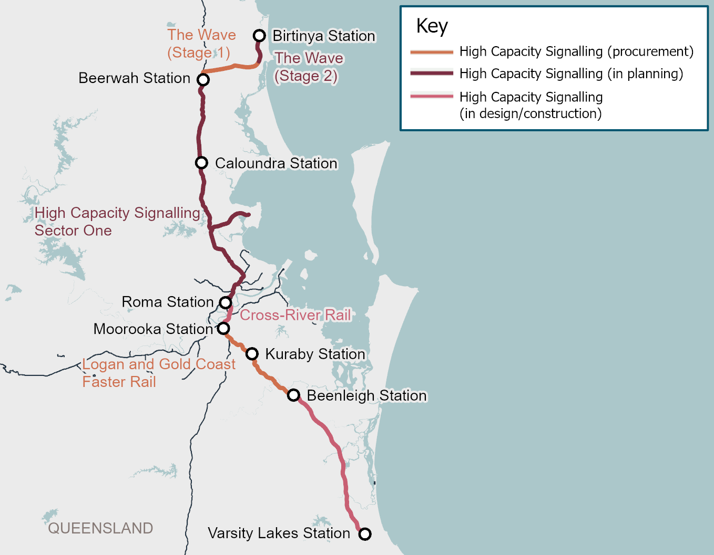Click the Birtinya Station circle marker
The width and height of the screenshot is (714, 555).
pyautogui.click(x=259, y=36)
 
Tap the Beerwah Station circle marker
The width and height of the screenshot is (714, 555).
pyautogui.click(x=203, y=80)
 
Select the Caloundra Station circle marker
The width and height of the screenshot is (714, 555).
pyautogui.click(x=201, y=163)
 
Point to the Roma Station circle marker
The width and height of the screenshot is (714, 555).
pyautogui.click(x=226, y=302)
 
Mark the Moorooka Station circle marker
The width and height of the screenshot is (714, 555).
pyautogui.click(x=223, y=328)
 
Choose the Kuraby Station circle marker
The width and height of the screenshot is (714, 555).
pyautogui.click(x=252, y=353)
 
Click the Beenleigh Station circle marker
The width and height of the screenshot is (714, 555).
pyautogui.click(x=293, y=395)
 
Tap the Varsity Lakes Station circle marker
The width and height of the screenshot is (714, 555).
pyautogui.click(x=365, y=534)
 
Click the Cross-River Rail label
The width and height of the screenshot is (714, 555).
pyautogui.click(x=295, y=315)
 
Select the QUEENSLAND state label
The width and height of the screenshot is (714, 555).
pyautogui.click(x=100, y=528)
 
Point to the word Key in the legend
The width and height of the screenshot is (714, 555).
pyautogui.click(x=432, y=26)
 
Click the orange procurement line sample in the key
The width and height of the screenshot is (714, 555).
pyautogui.click(x=432, y=52)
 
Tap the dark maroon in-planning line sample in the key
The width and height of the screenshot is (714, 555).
pyautogui.click(x=432, y=74)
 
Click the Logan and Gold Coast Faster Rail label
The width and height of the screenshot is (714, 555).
pyautogui.click(x=159, y=373)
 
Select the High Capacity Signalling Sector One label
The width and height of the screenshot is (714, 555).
pyautogui.click(x=117, y=222)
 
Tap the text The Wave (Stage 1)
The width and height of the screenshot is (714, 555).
pyautogui.click(x=201, y=44)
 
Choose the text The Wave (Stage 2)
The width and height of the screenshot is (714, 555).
pyautogui.click(x=309, y=67)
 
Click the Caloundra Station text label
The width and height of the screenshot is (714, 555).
pyautogui.click(x=276, y=163)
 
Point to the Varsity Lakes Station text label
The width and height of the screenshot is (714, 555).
pyautogui.click(x=279, y=533)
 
